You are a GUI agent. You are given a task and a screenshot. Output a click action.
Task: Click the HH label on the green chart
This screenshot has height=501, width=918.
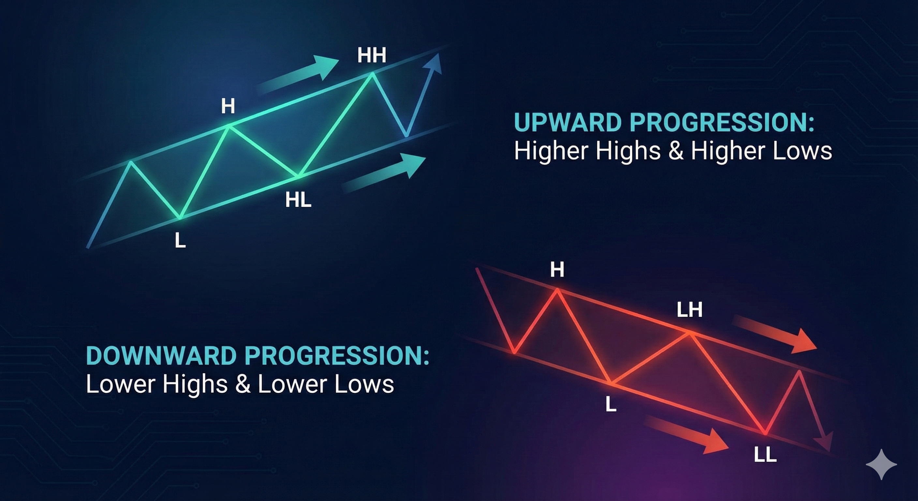pyautogui.click(x=372, y=56)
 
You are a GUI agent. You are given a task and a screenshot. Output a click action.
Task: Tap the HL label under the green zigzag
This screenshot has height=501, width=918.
pyautogui.click(x=298, y=200)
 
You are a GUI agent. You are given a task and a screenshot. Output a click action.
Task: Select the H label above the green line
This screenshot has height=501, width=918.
pyautogui.click(x=228, y=106)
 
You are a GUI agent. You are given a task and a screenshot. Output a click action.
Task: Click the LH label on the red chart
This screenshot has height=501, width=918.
pyautogui.click(x=689, y=310)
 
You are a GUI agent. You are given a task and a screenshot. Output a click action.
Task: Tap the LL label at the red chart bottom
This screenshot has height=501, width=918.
pyautogui.click(x=765, y=455)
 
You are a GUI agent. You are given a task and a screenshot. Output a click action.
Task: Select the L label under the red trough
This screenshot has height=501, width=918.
pyautogui.click(x=611, y=404)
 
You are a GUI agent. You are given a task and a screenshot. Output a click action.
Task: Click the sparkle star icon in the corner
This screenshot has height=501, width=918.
pyautogui.click(x=881, y=464)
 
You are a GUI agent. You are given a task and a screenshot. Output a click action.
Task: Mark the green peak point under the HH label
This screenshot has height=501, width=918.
pyautogui.click(x=372, y=73)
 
